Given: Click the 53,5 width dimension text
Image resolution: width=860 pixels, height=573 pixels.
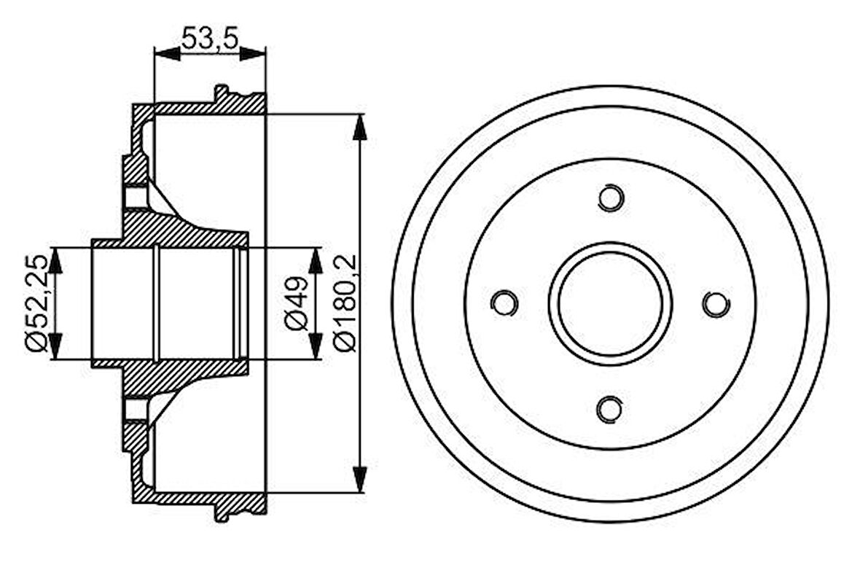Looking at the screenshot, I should click(210, 38).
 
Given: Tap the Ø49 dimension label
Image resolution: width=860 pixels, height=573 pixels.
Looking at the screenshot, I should click(297, 303).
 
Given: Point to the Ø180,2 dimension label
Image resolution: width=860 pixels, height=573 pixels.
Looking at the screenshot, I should click(347, 303).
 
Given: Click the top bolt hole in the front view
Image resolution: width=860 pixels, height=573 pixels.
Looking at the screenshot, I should click(610, 198).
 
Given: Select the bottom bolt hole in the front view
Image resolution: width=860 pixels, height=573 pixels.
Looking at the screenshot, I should click(610, 409).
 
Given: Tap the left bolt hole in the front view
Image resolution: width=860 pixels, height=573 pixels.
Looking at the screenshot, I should click(504, 303).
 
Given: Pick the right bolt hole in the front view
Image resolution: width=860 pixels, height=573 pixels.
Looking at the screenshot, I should click(716, 303).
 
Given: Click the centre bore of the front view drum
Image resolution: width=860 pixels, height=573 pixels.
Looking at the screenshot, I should click(610, 303).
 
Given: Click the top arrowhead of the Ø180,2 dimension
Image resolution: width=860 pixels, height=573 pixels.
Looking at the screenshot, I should click(359, 127).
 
